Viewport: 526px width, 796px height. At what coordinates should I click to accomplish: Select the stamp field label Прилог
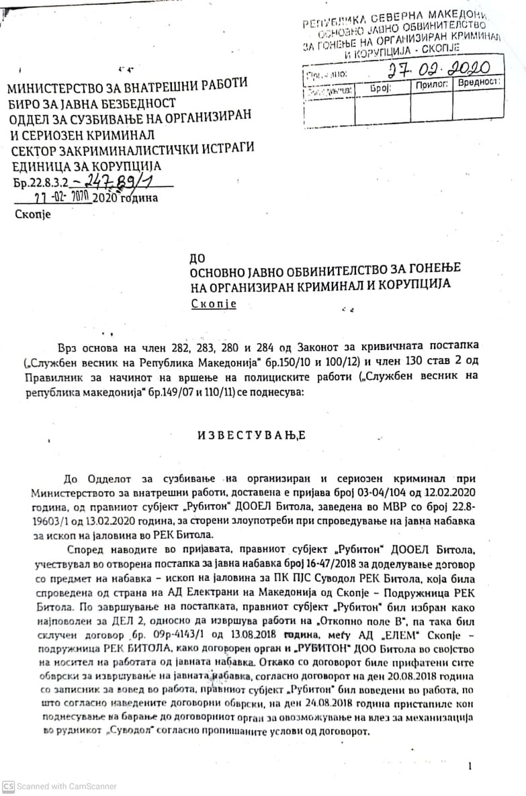point(432,85)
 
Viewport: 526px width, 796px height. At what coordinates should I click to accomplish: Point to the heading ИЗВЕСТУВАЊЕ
point(251,435)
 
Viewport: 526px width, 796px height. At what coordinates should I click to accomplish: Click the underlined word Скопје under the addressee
point(214,304)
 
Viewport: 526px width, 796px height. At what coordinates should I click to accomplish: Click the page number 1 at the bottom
point(470,766)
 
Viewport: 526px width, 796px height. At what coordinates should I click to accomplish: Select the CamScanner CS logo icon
point(8,786)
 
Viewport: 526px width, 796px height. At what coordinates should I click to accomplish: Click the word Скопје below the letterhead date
point(32,215)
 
